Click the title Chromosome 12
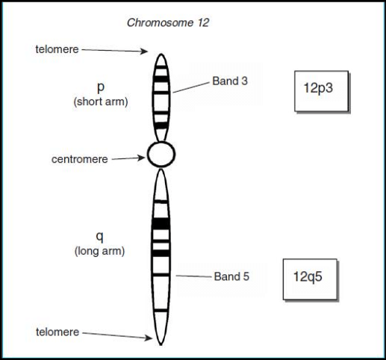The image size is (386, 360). [x=168, y=22]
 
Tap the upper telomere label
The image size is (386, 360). [x=57, y=49]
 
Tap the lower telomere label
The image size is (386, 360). [x=57, y=332]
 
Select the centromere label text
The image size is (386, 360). [x=80, y=159]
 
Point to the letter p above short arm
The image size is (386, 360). [x=101, y=87]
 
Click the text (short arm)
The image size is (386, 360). [x=101, y=102]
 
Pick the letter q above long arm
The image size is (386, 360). [x=99, y=237]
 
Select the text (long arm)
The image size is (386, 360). [x=100, y=251]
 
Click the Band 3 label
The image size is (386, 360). [x=230, y=81]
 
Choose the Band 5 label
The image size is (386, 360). [x=231, y=276]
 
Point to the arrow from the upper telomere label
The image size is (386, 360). [x=115, y=51]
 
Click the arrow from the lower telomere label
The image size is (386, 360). [x=117, y=335]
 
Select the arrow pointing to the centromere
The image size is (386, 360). [x=128, y=158]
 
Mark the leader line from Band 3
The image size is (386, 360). [x=191, y=87]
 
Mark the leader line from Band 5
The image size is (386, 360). [x=193, y=276]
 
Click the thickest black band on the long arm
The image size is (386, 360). [x=161, y=224]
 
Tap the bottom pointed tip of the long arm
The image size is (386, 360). [x=161, y=345]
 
